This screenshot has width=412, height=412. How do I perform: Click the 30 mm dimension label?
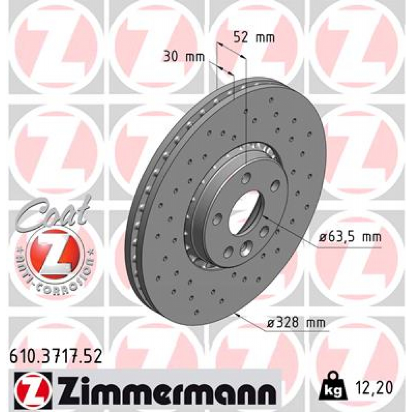coord(184,57)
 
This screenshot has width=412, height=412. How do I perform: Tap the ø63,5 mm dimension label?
coord(349,237)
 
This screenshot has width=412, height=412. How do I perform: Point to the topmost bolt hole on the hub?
coord(246,177)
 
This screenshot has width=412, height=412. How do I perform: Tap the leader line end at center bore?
coord(264,216)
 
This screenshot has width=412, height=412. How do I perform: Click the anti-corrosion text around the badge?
coord(56,282)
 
